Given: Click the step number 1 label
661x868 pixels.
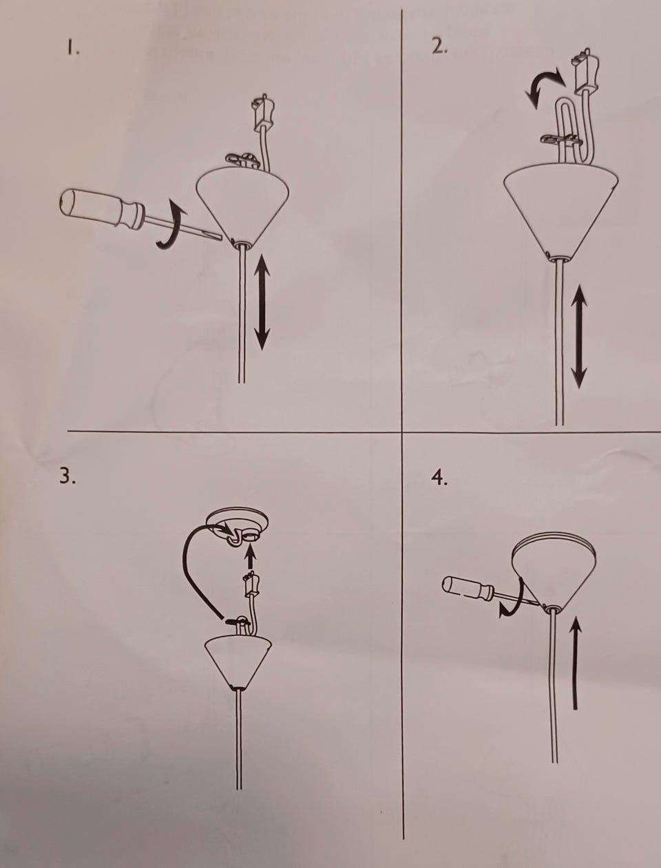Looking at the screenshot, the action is point(72,48).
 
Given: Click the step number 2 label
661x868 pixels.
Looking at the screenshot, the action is point(440,47).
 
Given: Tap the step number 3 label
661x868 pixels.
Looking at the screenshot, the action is point(67,476).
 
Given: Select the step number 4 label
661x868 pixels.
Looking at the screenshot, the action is point(439,478).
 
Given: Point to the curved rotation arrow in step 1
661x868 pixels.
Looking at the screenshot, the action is point(172,224).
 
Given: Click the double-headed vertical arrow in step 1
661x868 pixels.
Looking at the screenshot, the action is point(262,302).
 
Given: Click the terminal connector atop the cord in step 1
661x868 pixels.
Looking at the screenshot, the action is point(262,112).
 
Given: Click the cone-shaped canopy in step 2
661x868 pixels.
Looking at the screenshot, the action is point(561,213).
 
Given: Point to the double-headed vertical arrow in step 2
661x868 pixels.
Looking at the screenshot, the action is point(579,336).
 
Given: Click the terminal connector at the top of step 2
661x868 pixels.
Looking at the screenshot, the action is point(585,72).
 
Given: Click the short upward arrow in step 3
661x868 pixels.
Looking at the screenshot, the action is point(250,556).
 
